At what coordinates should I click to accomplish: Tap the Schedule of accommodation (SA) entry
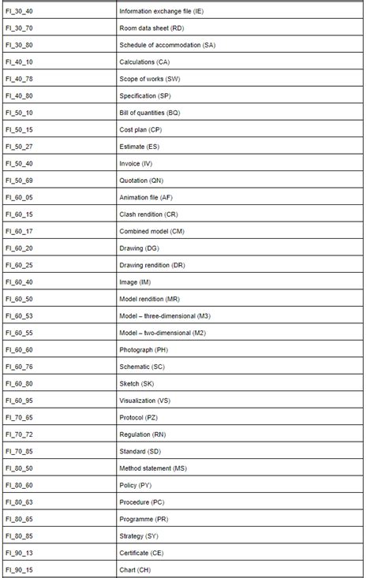(x=166, y=45)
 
